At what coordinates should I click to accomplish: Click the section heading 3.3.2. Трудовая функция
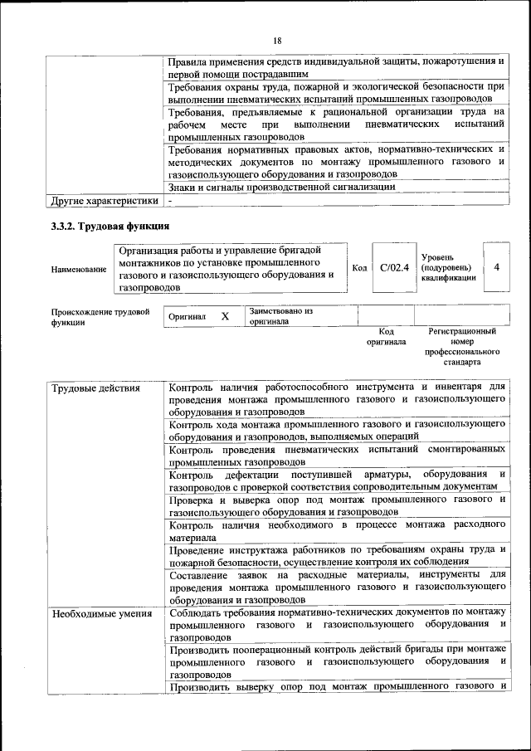(110, 227)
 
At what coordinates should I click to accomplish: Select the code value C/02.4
(395, 267)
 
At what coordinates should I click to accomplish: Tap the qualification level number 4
(496, 267)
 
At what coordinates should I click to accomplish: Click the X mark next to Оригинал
(225, 316)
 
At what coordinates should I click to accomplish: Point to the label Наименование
(79, 269)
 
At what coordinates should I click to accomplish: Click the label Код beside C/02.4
(359, 268)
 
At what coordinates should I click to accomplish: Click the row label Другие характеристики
(104, 200)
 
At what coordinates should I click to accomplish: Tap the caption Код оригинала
(386, 336)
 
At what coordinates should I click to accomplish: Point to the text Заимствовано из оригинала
(280, 316)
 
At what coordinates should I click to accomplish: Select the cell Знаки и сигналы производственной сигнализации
(281, 188)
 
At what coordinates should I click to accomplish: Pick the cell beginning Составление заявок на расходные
(337, 587)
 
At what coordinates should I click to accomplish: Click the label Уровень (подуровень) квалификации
(448, 268)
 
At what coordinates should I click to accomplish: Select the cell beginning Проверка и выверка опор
(337, 505)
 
